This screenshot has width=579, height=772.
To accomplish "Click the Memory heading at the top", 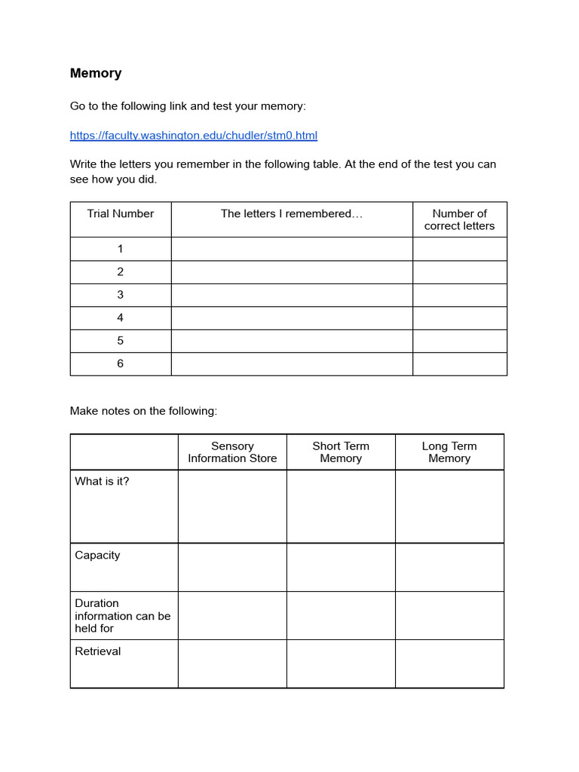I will coord(96,73).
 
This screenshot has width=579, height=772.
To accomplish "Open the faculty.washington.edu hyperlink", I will coord(194,136).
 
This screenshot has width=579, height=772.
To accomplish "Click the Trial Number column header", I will coord(121,214).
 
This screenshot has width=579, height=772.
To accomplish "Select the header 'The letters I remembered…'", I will coord(292,214).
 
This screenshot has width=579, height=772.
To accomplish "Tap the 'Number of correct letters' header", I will coord(459,219).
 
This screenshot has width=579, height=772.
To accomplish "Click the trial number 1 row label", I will coord(121,249).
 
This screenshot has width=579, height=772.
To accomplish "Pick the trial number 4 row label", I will coord(121,317).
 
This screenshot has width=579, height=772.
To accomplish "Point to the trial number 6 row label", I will coord(121,363).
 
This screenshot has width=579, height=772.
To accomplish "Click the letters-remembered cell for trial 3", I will coord(292,295).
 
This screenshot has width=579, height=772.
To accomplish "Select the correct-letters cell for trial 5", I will coord(459,341).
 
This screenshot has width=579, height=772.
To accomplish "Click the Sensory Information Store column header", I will coord(232,452).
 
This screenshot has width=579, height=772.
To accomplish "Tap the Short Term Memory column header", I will coord(341,452).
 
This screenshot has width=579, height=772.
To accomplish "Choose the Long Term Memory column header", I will coord(449,452).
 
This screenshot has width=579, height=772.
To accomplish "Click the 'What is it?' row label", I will coord(102,481).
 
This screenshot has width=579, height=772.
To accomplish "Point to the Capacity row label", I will coord(97,556).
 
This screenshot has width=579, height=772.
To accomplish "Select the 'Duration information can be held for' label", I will coord(123,615).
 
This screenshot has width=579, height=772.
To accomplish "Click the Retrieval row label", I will coord(98,651).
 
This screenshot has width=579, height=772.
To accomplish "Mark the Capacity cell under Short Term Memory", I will coord(341,567).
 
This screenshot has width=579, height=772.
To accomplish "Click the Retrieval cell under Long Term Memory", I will coord(449,663).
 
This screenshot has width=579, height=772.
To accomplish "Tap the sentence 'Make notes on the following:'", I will coord(143,411).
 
